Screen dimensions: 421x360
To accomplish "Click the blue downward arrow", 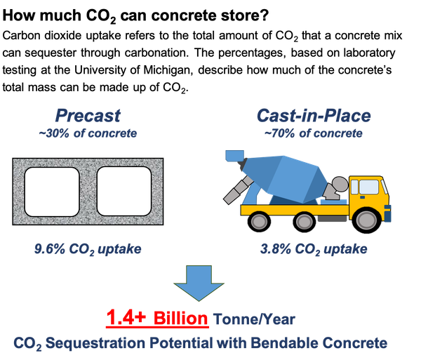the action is tap(199, 282).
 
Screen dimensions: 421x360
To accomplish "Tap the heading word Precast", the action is tap(88, 116).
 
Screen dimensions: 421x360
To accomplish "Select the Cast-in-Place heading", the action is tap(314, 116).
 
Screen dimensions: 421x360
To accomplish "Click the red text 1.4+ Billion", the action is tap(157, 318).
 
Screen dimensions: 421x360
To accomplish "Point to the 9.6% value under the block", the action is tap(49, 249).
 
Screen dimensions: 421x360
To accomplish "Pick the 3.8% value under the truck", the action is tap(276, 249).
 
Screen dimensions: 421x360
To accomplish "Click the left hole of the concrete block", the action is tap(52, 192).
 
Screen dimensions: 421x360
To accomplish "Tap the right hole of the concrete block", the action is tap(124, 191).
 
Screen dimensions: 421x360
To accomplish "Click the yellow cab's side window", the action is tap(368, 187).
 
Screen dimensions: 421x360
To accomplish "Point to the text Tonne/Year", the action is tap(254, 319).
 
